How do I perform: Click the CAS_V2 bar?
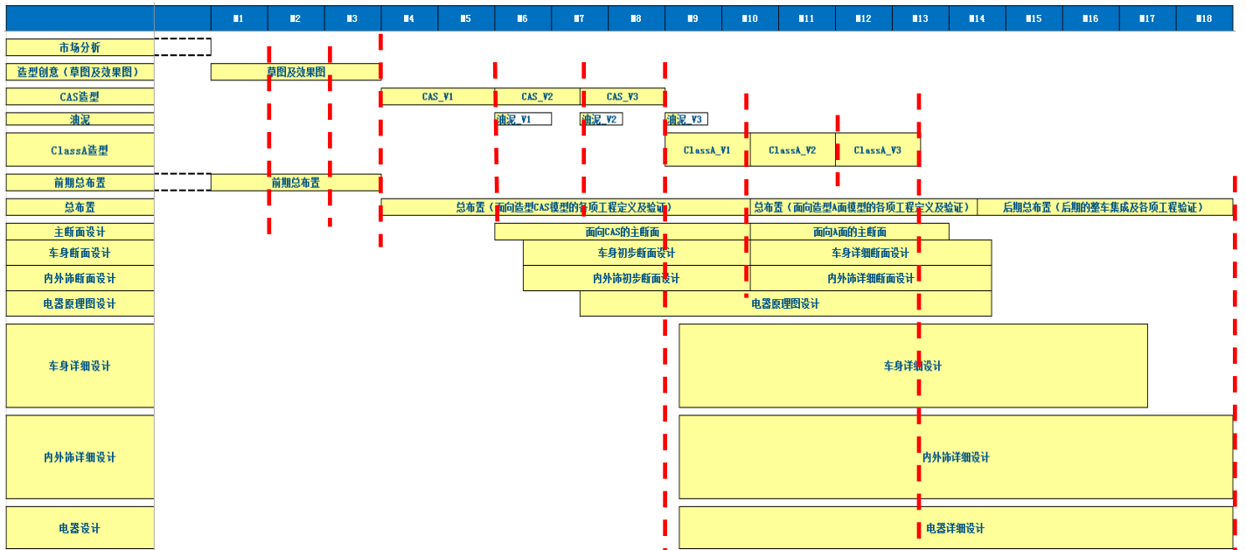[537, 97]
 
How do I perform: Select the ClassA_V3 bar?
[877, 150]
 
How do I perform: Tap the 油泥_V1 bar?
[523, 120]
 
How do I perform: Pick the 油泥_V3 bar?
[686, 120]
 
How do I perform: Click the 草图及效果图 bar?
[296, 72]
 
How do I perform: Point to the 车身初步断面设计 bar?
[636, 253]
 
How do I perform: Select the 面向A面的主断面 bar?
[849, 232]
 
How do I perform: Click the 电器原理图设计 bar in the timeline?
[785, 303]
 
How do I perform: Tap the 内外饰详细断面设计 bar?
[870, 278]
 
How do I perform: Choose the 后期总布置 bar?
[1104, 207]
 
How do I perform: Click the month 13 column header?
[920, 18]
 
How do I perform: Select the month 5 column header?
[466, 18]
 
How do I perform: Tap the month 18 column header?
[1204, 18]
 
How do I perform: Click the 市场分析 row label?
[80, 47]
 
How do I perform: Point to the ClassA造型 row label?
[80, 150]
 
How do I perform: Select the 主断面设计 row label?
[80, 232]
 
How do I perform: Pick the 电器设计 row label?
[80, 528]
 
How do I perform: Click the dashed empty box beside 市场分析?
[183, 47]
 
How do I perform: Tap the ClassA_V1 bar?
[707, 150]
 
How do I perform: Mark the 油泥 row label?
[80, 120]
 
